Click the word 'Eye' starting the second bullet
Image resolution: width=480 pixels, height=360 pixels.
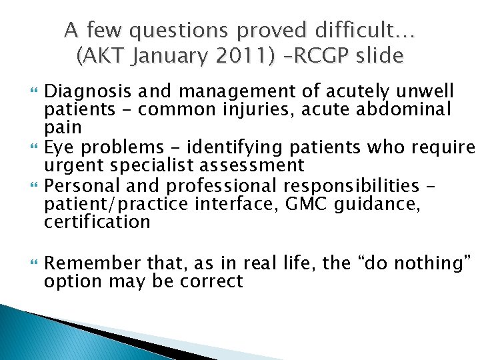[58, 146]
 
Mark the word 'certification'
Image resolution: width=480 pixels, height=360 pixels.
[97, 221]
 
